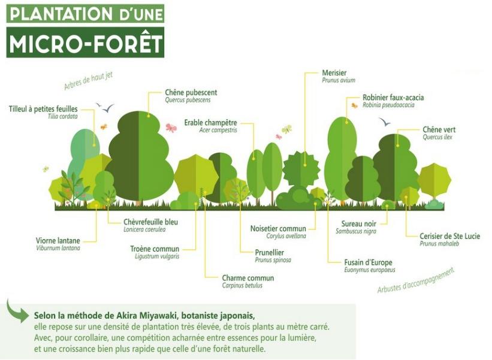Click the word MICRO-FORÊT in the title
click(x=85, y=43)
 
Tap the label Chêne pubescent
click(x=191, y=92)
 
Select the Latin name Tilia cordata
click(x=62, y=116)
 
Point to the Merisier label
click(x=334, y=72)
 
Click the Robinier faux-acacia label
click(x=393, y=98)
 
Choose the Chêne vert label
click(x=439, y=129)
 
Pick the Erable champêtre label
click(x=210, y=123)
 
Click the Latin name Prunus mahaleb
click(x=439, y=244)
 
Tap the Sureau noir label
click(x=358, y=224)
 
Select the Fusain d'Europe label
click(x=368, y=262)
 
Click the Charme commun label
click(x=248, y=278)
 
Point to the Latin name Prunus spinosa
click(x=273, y=260)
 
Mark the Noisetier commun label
click(x=278, y=229)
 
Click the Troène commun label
click(x=155, y=249)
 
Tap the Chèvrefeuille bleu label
click(x=150, y=222)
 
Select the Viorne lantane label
click(x=58, y=241)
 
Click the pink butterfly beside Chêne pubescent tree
click(x=171, y=128)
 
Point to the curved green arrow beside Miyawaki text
click(x=17, y=311)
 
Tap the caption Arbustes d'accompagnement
click(x=416, y=281)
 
